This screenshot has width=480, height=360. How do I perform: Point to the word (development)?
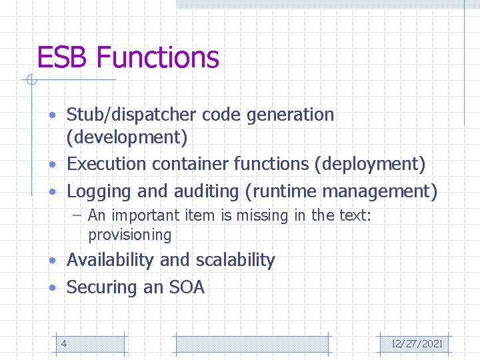point(127,138)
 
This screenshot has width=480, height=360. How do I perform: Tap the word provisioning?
point(129,235)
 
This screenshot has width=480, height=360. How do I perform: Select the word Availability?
point(111,260)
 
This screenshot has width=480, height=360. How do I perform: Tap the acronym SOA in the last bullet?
point(187,287)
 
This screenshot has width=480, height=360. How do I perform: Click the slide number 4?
point(63,343)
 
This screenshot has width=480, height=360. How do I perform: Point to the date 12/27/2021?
point(417,344)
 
